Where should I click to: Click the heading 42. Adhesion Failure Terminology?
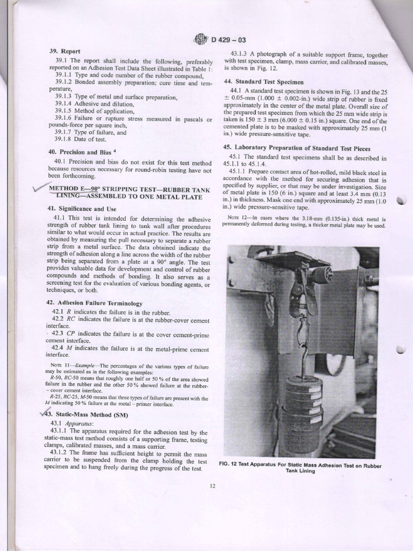point(94,303)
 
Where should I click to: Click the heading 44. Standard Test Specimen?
point(264,81)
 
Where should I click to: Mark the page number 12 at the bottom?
point(212,486)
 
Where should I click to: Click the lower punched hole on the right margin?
point(401,350)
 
